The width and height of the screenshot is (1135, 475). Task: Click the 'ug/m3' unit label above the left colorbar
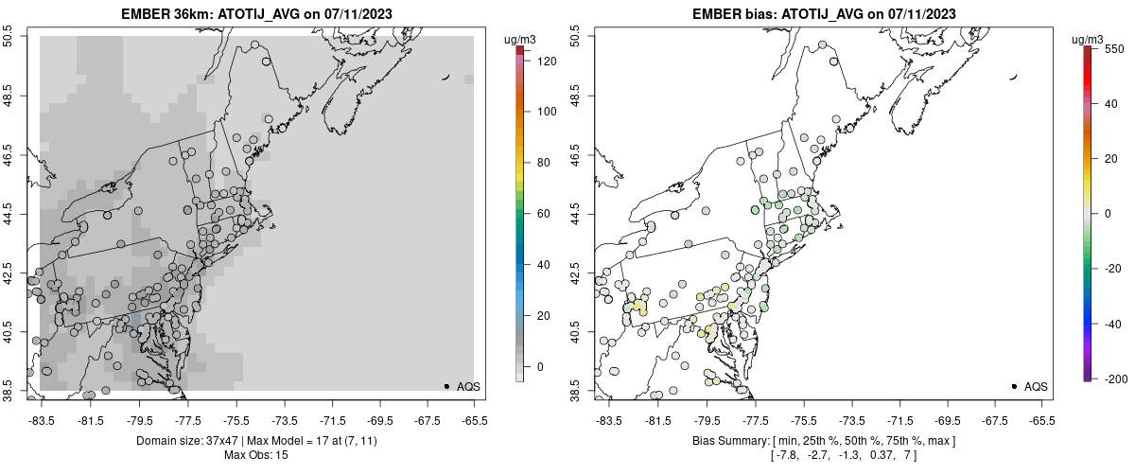(522, 38)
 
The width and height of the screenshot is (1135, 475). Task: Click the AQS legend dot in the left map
(446, 386)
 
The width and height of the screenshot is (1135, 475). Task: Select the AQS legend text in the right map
(1036, 386)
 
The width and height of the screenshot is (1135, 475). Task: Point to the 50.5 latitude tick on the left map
(9, 36)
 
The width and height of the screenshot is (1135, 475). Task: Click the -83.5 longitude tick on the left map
(41, 420)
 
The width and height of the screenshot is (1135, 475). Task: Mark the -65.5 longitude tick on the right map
(1041, 420)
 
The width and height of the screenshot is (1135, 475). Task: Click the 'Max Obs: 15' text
(255, 455)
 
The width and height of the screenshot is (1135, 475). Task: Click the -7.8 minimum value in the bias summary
(787, 455)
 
